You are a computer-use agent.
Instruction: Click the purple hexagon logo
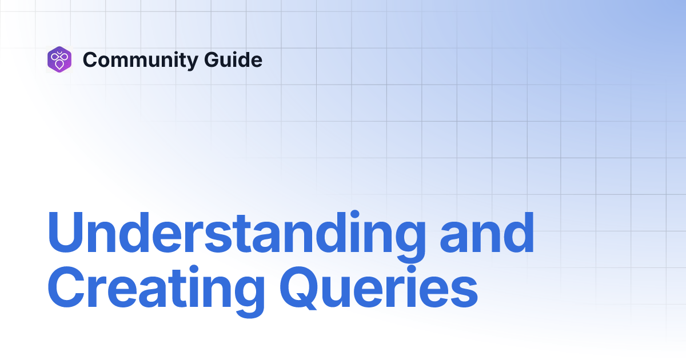coord(59,59)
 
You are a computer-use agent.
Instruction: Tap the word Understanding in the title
coord(237,234)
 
